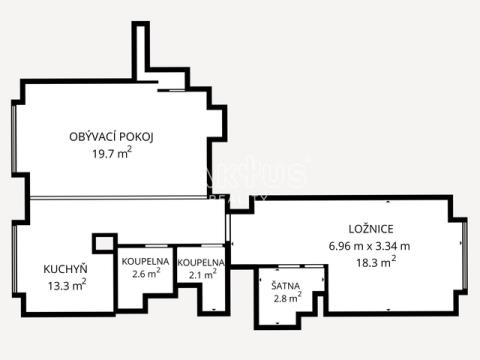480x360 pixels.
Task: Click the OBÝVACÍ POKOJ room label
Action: (x=111, y=137)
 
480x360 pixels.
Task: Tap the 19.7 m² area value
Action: (x=112, y=153)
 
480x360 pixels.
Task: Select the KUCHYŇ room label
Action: (x=65, y=269)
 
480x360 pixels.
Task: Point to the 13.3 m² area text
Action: (x=67, y=285)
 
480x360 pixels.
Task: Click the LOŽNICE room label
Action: (x=371, y=229)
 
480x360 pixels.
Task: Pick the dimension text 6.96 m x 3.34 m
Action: (x=369, y=246)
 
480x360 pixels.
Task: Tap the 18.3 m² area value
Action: (x=376, y=262)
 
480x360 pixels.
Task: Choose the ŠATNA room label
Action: (x=285, y=286)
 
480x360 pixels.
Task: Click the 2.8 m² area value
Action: (x=288, y=298)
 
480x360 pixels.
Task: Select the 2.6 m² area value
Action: (x=146, y=273)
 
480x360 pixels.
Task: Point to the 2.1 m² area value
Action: (x=203, y=274)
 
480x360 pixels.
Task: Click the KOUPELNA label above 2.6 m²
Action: (x=145, y=261)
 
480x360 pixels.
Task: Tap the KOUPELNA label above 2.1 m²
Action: (x=201, y=263)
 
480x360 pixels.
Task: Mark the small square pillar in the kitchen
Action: (x=104, y=243)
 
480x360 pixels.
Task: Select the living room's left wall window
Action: (x=14, y=139)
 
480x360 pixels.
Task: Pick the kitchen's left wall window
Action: (x=14, y=259)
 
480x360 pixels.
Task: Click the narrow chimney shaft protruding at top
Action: (x=140, y=51)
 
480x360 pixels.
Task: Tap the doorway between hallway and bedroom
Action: (x=228, y=227)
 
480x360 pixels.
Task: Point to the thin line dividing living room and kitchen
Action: (x=118, y=198)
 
